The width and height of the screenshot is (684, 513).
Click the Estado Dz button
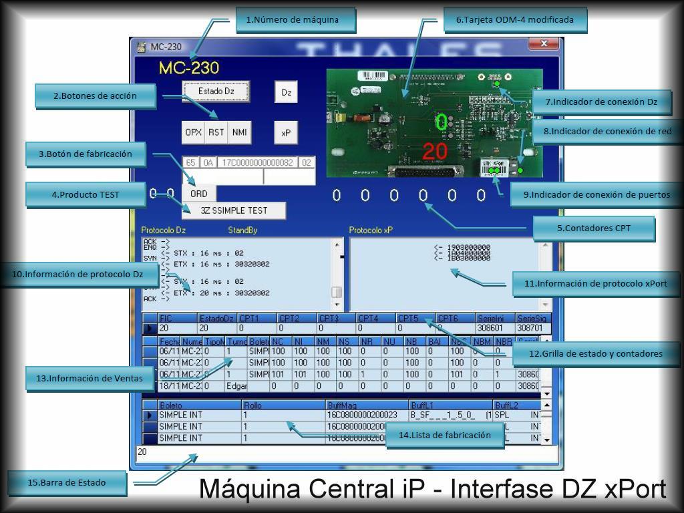[x=216, y=91]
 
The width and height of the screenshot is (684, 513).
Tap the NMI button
[x=239, y=132]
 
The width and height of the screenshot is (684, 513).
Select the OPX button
[x=193, y=132]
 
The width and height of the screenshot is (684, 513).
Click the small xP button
[x=285, y=133]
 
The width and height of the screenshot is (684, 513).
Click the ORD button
[x=198, y=194]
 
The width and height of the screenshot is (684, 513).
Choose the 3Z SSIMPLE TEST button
[x=234, y=210]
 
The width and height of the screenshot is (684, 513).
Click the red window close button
[x=544, y=43]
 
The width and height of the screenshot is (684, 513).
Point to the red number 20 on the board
[x=435, y=152]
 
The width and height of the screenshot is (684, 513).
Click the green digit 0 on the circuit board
[x=442, y=122]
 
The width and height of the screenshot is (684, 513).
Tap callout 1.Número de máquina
[x=296, y=19]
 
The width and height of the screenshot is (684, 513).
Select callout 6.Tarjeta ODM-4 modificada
[x=515, y=19]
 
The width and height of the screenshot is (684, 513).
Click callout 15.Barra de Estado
[x=67, y=482]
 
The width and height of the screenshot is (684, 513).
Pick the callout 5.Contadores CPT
[x=594, y=228]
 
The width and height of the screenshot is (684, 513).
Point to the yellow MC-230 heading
[x=189, y=68]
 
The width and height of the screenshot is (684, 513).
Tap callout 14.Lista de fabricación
[x=444, y=435]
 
